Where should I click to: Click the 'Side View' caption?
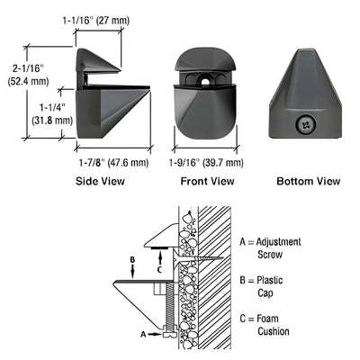point(99,181)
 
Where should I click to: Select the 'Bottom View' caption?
point(309,181)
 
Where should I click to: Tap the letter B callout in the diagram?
point(132,263)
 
